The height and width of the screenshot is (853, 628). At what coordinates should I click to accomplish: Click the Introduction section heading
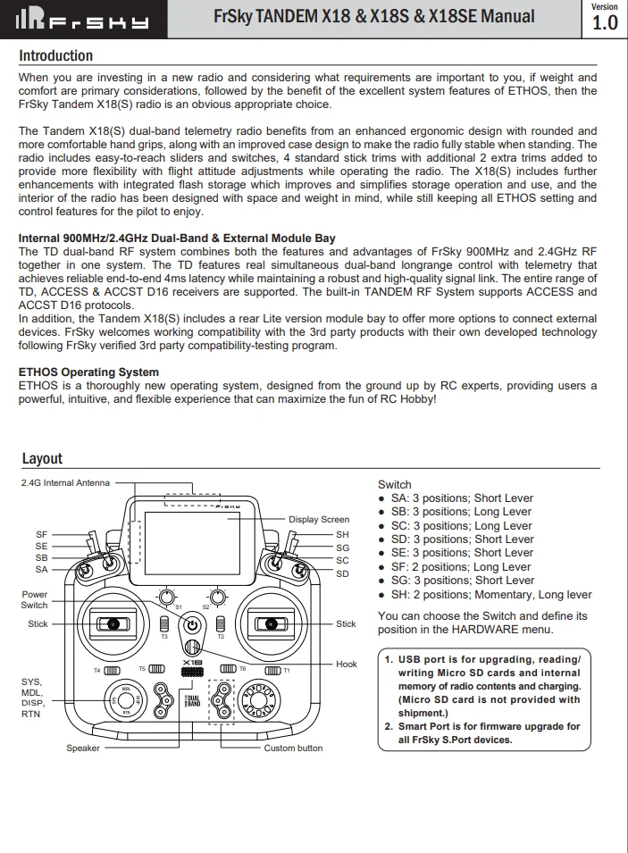pyautogui.click(x=55, y=55)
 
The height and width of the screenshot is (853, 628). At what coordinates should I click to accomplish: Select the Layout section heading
pyautogui.click(x=42, y=458)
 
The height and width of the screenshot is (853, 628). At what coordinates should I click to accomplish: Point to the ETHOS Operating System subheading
pyautogui.click(x=88, y=372)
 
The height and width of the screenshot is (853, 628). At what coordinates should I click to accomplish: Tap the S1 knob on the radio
pyautogui.click(x=166, y=596)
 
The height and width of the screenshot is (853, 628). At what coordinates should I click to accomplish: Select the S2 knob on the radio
pyautogui.click(x=217, y=596)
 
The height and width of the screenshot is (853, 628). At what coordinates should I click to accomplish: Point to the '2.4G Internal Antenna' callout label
pyautogui.click(x=65, y=483)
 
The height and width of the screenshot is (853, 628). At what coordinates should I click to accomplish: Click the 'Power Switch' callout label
pyautogui.click(x=35, y=599)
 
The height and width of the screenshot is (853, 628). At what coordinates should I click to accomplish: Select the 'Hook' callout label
pyautogui.click(x=347, y=664)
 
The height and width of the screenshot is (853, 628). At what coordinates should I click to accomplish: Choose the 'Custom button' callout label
pyautogui.click(x=293, y=748)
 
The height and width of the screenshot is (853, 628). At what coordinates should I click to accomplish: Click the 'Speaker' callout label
pyautogui.click(x=83, y=748)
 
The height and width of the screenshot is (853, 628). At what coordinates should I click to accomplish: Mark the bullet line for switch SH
pyautogui.click(x=491, y=595)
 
